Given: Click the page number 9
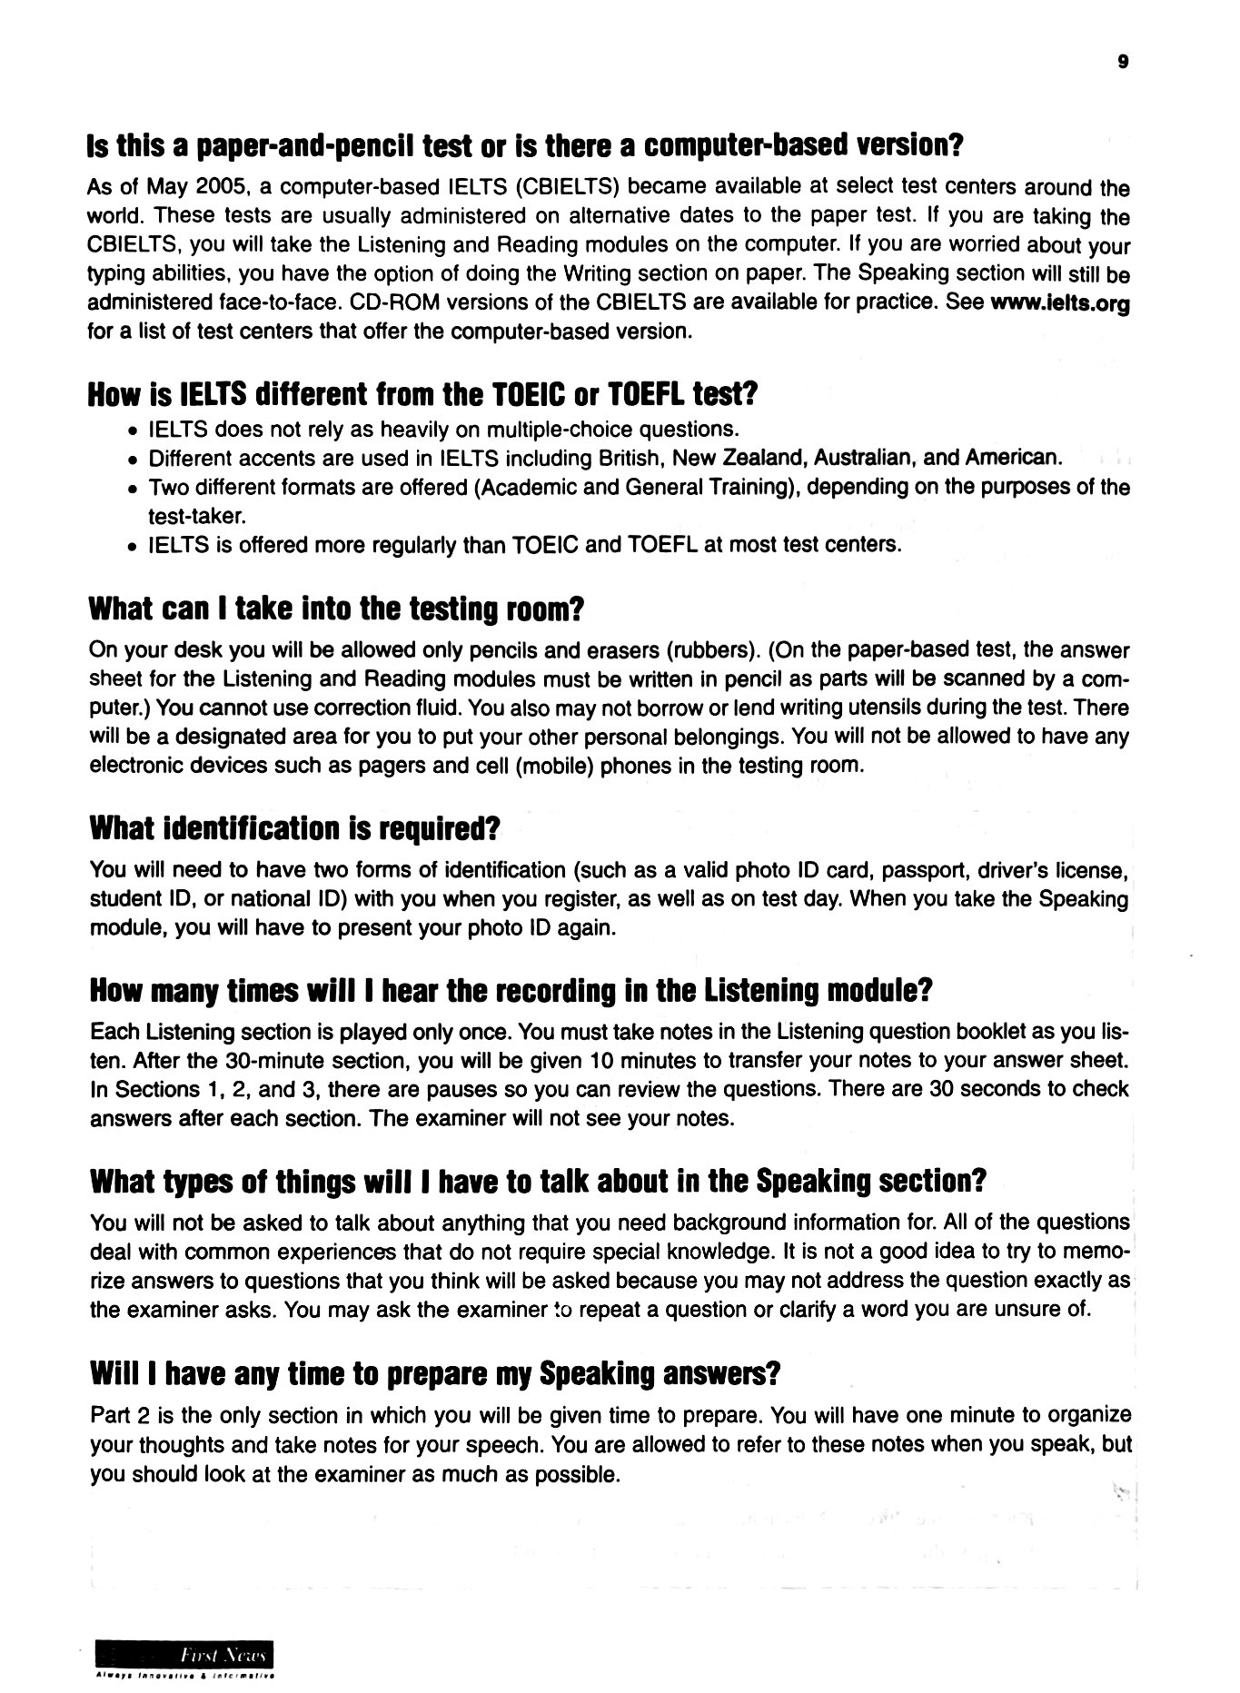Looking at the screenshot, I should click(1123, 63).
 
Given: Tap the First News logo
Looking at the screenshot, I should click(185, 1655).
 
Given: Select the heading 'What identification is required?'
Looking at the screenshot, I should click(295, 828).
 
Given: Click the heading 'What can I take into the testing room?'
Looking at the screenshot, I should click(335, 609).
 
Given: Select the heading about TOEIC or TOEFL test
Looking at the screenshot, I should click(422, 395).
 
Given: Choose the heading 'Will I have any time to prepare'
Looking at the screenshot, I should click(435, 1373).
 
